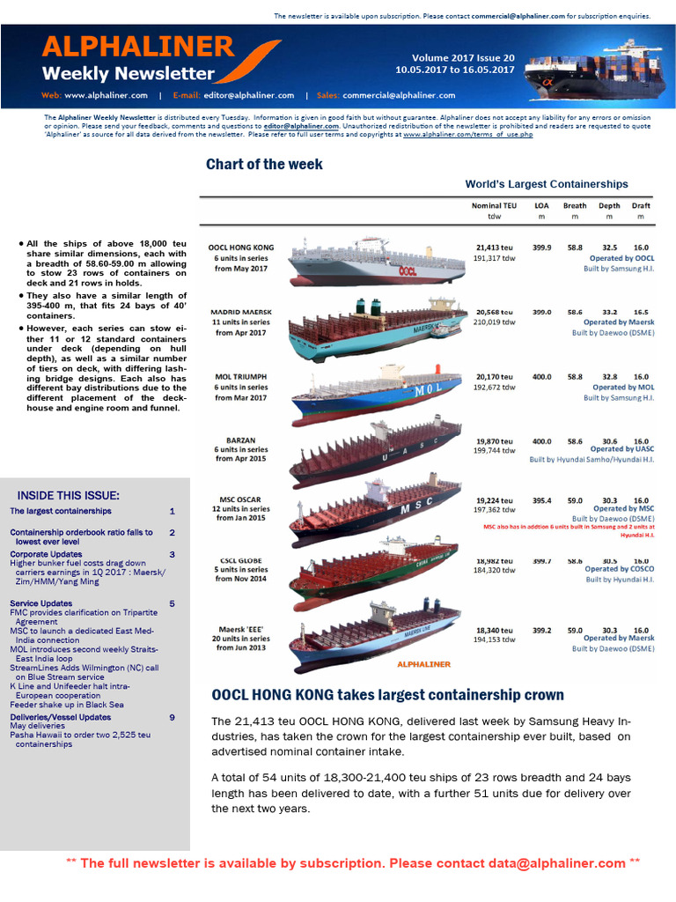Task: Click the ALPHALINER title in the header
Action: [x=137, y=47]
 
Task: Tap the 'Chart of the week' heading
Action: [x=264, y=165]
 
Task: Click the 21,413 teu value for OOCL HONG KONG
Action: [x=494, y=248]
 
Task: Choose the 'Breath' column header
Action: [x=574, y=205]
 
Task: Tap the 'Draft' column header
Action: [x=640, y=205]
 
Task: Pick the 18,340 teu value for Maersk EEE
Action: [x=494, y=631]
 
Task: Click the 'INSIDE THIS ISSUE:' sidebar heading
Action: [x=69, y=495]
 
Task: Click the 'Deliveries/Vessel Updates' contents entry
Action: [x=61, y=717]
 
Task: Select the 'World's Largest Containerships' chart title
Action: [x=547, y=184]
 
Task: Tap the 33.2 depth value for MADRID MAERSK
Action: [x=609, y=313]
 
